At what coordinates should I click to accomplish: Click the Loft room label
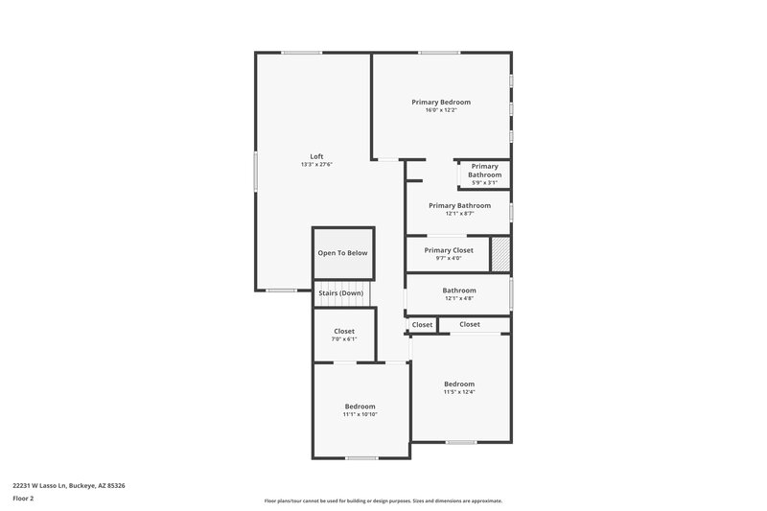(x=316, y=156)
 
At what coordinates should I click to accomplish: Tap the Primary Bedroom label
(x=441, y=102)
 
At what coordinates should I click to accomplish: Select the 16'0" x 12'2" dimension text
(x=441, y=110)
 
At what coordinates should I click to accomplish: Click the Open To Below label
(x=342, y=253)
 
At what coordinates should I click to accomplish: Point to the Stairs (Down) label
(x=341, y=292)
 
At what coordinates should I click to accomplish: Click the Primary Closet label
(x=449, y=250)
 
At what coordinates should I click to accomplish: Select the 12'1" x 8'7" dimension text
(x=459, y=214)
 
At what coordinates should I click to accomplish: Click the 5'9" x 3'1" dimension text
(x=484, y=183)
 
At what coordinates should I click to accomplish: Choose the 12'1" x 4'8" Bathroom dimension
(x=459, y=298)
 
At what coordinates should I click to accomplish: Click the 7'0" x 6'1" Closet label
(x=343, y=339)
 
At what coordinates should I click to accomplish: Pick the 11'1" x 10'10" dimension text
(x=360, y=414)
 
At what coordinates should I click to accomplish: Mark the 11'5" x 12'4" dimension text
(x=459, y=392)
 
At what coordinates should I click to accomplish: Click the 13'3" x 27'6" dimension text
(x=316, y=165)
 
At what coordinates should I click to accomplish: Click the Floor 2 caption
(x=23, y=499)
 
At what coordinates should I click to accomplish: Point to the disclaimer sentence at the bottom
(x=383, y=500)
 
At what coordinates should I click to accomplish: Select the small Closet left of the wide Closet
(x=423, y=325)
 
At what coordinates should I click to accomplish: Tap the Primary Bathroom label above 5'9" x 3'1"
(x=484, y=171)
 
